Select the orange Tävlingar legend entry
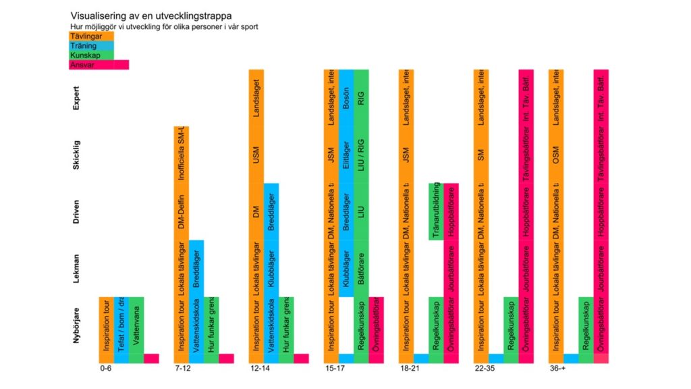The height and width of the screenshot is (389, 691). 91,36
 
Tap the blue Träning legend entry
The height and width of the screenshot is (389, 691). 91,46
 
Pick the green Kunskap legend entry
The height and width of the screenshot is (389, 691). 91,55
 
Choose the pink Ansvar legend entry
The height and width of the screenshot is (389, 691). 99,65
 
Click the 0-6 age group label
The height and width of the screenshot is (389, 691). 106,369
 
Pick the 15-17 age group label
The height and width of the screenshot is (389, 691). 335,369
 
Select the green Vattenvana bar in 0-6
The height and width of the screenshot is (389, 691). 136,325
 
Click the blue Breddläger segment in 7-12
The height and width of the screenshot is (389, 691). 196,268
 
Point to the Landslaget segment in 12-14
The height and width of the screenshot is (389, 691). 256,97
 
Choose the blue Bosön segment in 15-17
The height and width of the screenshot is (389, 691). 346,97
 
